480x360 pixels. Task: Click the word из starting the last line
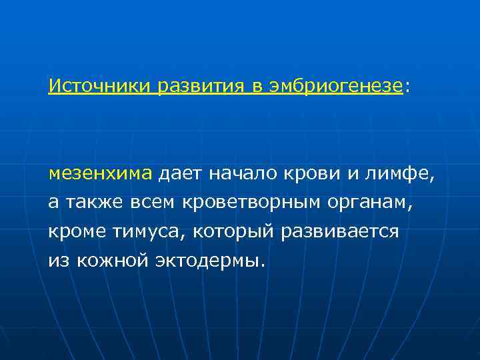58,260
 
